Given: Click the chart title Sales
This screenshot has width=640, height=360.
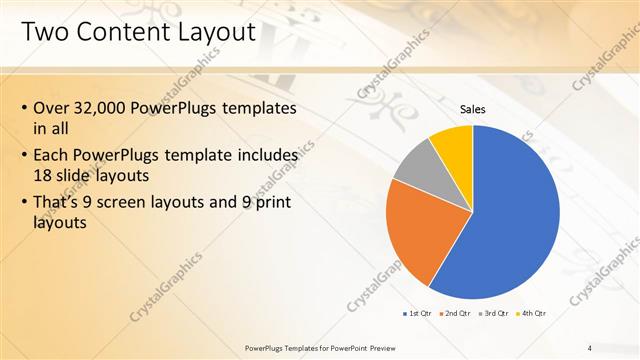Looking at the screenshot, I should (x=473, y=109).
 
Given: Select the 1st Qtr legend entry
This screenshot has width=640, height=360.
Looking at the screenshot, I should (x=419, y=313).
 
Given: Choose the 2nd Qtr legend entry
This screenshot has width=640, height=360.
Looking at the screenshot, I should (x=458, y=313).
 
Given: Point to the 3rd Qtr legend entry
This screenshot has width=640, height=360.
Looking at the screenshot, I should (x=497, y=313).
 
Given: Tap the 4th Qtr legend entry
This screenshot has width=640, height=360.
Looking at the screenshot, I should (x=535, y=313).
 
